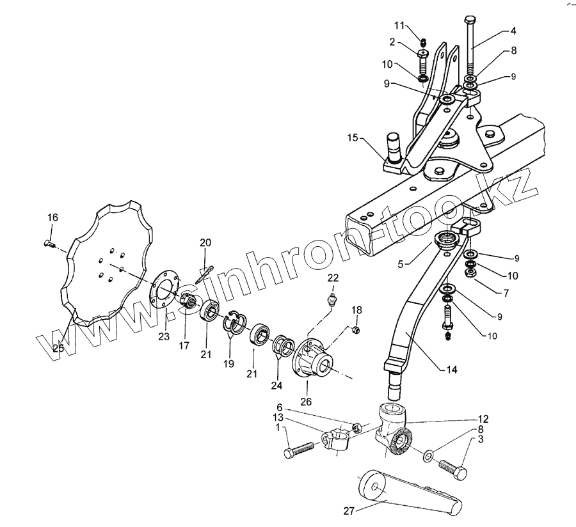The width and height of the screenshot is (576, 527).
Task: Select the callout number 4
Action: [x=513, y=31]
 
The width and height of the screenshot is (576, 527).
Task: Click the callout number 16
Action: [x=52, y=218]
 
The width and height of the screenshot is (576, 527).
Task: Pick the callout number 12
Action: [x=483, y=419]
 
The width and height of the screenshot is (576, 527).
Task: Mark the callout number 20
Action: [x=205, y=242]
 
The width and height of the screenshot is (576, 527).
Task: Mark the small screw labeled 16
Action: [x=49, y=242]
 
